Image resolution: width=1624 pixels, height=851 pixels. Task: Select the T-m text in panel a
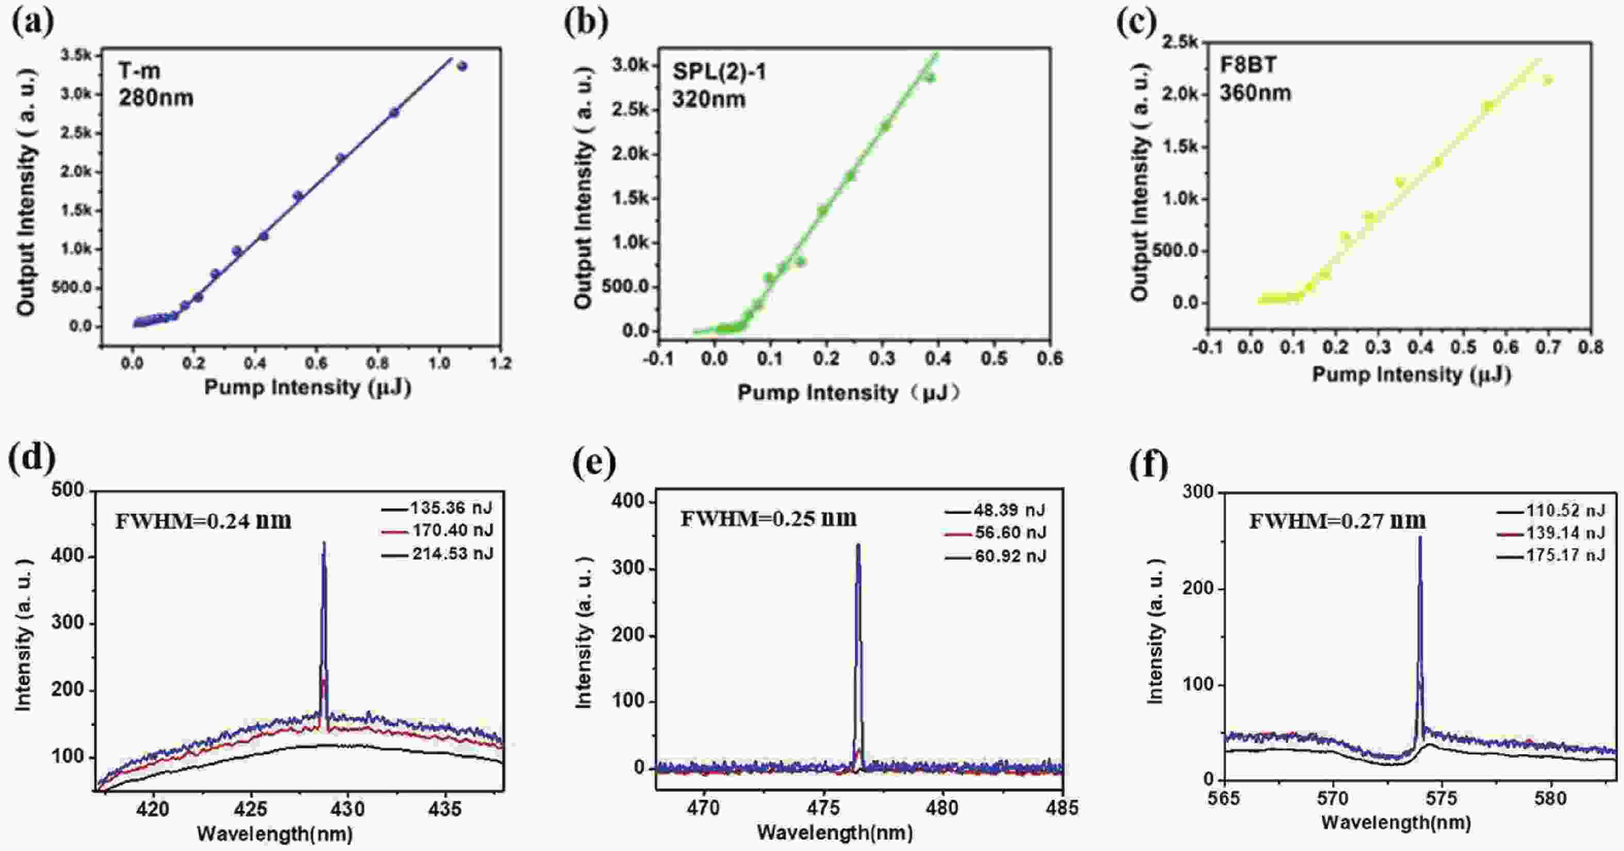[x=139, y=71]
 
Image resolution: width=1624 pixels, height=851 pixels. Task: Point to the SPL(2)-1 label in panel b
[x=719, y=72]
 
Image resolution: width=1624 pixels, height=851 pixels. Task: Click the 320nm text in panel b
[x=708, y=100]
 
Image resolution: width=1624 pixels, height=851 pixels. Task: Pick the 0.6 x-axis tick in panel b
[x=1050, y=359]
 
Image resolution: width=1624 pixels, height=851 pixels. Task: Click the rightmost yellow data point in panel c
[x=1548, y=80]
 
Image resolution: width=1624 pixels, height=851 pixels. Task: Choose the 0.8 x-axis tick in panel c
[x=1590, y=348]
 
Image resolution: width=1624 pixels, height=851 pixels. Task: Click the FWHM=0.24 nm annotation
[x=203, y=521]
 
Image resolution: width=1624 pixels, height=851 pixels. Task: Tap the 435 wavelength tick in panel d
[x=446, y=809]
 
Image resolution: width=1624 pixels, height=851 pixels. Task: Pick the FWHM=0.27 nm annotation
[x=1338, y=521]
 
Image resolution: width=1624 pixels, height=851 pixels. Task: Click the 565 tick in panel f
[x=1224, y=798]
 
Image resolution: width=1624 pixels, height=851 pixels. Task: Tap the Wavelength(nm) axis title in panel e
[x=835, y=833]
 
